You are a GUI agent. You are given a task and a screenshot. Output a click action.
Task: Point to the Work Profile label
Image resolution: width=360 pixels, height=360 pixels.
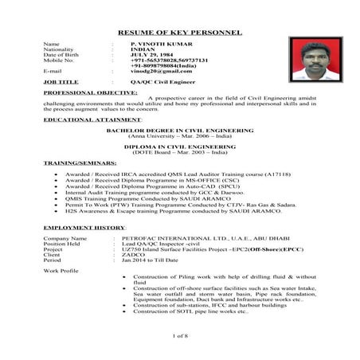pos(61,272)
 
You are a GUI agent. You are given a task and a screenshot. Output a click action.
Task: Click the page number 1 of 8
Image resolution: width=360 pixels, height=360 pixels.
pos(179,337)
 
